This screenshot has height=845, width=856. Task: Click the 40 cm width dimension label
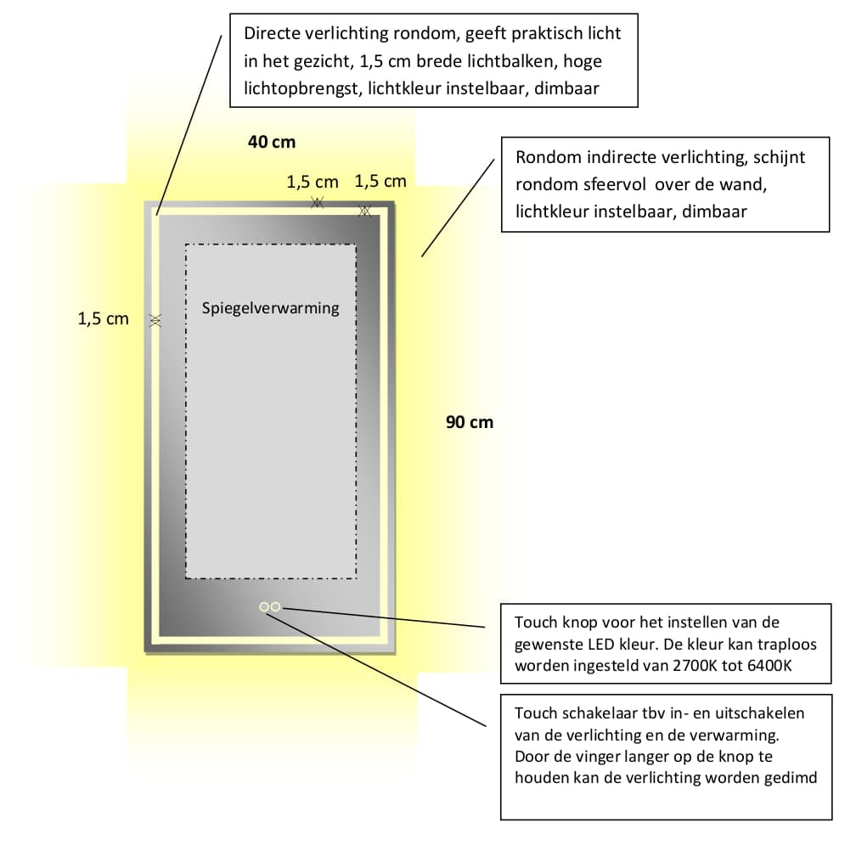click(x=272, y=142)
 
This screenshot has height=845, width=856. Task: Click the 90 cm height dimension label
click(x=470, y=422)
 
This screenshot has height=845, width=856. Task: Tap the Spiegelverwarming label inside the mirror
click(x=270, y=308)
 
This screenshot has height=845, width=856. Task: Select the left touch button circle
click(x=264, y=606)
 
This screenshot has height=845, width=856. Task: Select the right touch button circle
click(x=276, y=606)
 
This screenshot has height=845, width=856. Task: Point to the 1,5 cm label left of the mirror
click(x=104, y=318)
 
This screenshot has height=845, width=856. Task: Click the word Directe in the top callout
click(x=272, y=33)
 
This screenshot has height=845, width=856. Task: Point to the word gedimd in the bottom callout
click(x=791, y=778)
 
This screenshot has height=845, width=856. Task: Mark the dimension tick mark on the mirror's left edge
click(x=155, y=320)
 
